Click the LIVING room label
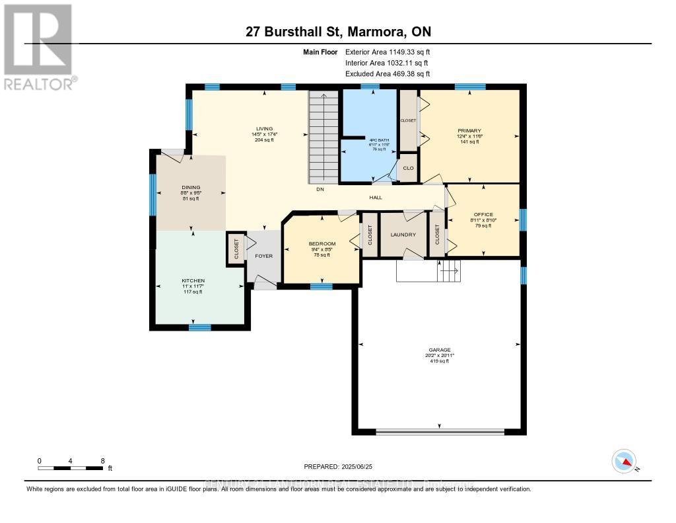pyautogui.click(x=265, y=129)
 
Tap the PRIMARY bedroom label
pyautogui.click(x=469, y=131)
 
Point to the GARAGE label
pyautogui.click(x=439, y=350)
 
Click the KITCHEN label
pyautogui.click(x=193, y=281)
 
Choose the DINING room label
pyautogui.click(x=191, y=187)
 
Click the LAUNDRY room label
pyautogui.click(x=403, y=235)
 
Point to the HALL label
pyautogui.click(x=376, y=197)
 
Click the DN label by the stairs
pyautogui.click(x=320, y=190)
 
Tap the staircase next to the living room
pyautogui.click(x=323, y=138)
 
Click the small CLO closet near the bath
pyautogui.click(x=408, y=168)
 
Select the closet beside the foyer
pyautogui.click(x=236, y=249)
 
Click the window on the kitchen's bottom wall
pyautogui.click(x=199, y=327)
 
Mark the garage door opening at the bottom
pyautogui.click(x=439, y=432)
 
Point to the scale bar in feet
pyautogui.click(x=71, y=467)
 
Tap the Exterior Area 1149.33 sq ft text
pyautogui.click(x=388, y=52)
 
